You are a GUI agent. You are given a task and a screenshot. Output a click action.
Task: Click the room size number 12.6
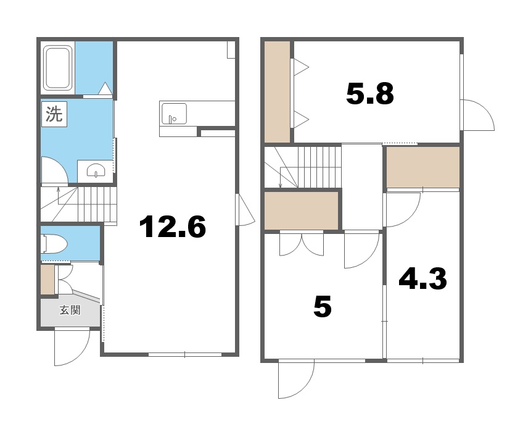(x=173, y=226)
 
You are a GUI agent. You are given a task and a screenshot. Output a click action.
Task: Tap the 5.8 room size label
(x=370, y=94)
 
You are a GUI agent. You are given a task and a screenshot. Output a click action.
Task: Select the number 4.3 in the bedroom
(x=422, y=278)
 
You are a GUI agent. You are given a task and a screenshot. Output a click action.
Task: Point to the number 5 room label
(x=323, y=306)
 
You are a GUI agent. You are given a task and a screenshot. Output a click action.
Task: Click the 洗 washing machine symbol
(x=54, y=114)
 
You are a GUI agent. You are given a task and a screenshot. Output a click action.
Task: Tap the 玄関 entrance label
(x=70, y=310)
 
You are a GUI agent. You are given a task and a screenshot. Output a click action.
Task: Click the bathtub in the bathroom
(x=58, y=68)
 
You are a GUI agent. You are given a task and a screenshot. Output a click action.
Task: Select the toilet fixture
(x=54, y=244)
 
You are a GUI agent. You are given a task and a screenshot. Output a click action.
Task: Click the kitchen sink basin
(x=174, y=114)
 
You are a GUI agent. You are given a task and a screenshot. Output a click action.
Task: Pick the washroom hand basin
(x=96, y=170)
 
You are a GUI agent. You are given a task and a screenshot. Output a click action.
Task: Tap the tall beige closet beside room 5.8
(x=277, y=92)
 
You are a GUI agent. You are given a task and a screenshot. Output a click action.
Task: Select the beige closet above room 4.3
(x=422, y=167)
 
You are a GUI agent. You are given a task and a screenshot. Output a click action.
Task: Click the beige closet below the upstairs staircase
(x=301, y=210)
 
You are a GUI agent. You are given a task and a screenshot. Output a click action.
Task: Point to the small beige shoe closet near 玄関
(x=47, y=280)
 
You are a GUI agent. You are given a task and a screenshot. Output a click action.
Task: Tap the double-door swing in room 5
(x=302, y=244)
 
